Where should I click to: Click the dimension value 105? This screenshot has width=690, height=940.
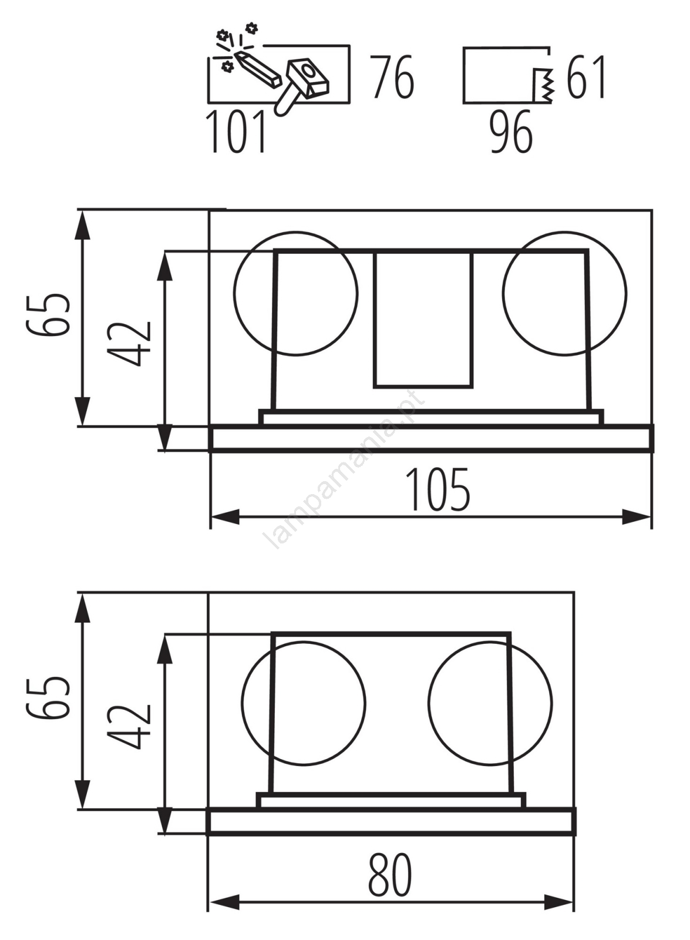point(437,489)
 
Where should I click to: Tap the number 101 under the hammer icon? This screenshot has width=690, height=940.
point(236,132)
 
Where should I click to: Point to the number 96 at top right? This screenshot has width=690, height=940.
point(511,132)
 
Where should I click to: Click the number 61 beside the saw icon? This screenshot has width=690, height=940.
point(586,77)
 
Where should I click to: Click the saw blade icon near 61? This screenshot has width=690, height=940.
point(543,85)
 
